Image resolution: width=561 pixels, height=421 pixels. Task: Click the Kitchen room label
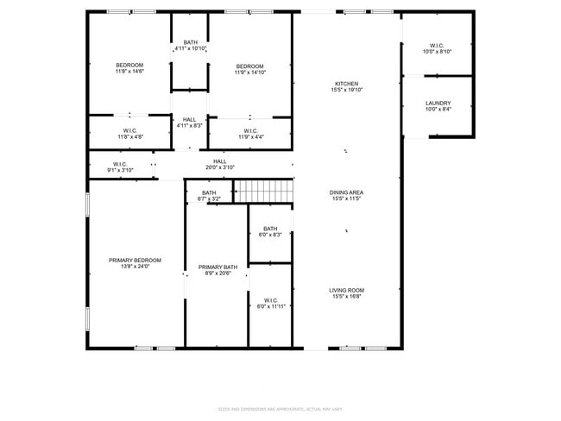348,84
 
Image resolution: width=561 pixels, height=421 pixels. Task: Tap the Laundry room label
438,104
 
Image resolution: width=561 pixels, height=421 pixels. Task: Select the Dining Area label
346,192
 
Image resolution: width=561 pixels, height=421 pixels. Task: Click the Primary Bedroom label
135,260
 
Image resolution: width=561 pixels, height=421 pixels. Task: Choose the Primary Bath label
217,267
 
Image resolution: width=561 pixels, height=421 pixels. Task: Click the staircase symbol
265,190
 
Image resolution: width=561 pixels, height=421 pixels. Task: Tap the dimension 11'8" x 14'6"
129,72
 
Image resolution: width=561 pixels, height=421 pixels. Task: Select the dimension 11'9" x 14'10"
250,72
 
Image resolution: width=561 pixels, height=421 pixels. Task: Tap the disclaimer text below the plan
280,408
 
